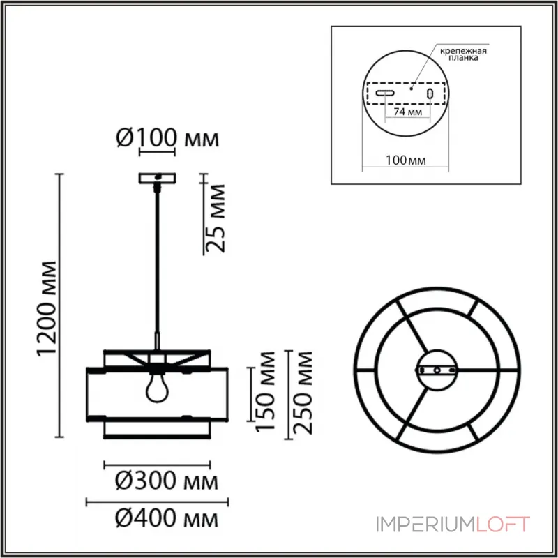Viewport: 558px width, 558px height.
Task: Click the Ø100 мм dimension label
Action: (x=167, y=137)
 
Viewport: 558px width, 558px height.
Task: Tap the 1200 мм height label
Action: (x=47, y=308)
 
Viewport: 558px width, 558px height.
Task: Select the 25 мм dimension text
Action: (x=216, y=218)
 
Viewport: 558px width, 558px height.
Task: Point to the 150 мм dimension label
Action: (x=266, y=391)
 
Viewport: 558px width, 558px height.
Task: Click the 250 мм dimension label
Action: (x=303, y=393)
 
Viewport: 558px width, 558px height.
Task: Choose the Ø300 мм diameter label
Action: (x=167, y=481)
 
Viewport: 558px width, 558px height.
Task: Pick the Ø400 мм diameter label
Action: (x=167, y=518)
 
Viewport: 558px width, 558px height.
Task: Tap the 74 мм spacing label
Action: (x=408, y=112)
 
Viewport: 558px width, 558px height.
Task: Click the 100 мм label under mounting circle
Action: (x=406, y=160)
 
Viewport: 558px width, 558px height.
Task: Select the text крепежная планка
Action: (x=463, y=54)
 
